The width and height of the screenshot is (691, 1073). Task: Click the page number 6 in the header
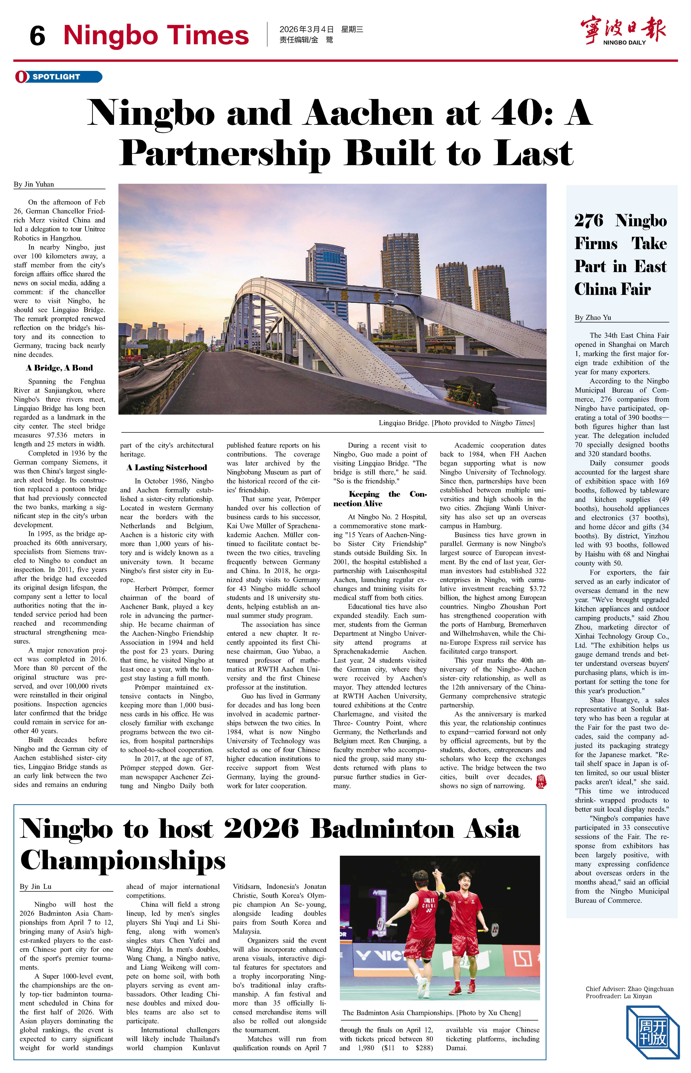[37, 36]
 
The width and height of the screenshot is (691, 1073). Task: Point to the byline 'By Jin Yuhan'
[34, 184]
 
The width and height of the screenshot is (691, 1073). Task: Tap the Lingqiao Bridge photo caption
[456, 423]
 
